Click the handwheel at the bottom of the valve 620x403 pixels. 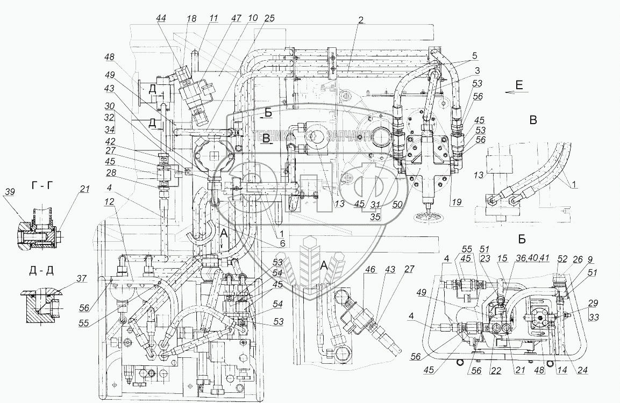pos(427,217)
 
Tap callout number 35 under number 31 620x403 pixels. pos(377,218)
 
